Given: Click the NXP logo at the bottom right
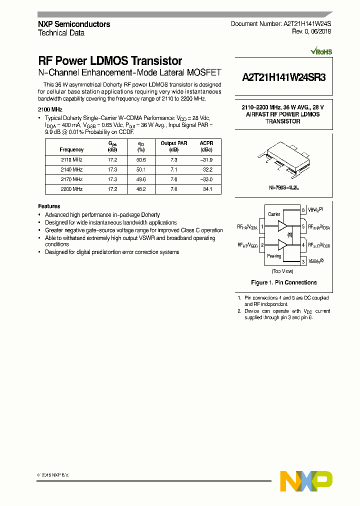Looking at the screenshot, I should (x=306, y=481).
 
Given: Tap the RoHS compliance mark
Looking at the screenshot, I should (x=321, y=51).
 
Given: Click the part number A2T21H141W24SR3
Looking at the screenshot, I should (x=284, y=77).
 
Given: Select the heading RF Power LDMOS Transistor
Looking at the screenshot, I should (x=110, y=61).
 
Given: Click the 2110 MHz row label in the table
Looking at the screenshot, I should (x=71, y=160).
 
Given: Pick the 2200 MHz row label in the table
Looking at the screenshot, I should (x=71, y=189).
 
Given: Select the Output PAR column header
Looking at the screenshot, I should (x=173, y=146).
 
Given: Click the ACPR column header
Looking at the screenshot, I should (x=206, y=146).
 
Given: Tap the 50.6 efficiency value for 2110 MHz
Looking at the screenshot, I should (x=141, y=160).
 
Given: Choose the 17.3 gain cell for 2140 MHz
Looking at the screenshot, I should (x=112, y=170).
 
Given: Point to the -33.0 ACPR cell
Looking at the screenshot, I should (x=206, y=179).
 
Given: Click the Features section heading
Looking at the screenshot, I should (x=49, y=206).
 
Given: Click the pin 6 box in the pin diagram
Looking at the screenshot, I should (x=303, y=210).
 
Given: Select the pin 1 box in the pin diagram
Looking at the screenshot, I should (x=262, y=226).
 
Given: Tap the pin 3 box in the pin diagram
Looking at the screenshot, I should (x=303, y=261).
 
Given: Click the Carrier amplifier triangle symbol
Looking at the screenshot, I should (x=282, y=226).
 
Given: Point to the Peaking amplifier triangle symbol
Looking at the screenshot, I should (x=282, y=245).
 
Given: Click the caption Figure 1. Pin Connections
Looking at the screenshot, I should (x=283, y=282).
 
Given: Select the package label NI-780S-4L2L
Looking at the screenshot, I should (x=283, y=188).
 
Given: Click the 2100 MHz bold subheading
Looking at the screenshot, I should (x=50, y=109).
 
